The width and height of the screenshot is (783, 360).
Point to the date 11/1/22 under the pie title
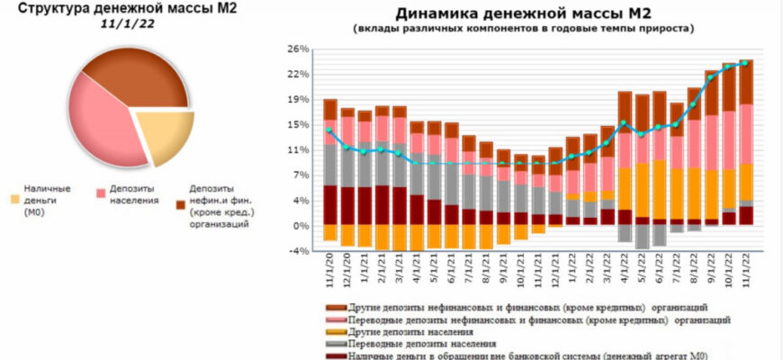[125, 26]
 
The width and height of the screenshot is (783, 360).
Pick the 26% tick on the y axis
[298, 48]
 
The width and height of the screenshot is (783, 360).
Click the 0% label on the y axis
[301, 225]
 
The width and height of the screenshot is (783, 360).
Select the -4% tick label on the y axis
[299, 251]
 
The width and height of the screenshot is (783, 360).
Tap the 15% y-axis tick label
[298, 124]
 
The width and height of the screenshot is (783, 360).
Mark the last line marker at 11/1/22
[745, 63]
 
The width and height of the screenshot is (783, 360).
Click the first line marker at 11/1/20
[329, 130]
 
